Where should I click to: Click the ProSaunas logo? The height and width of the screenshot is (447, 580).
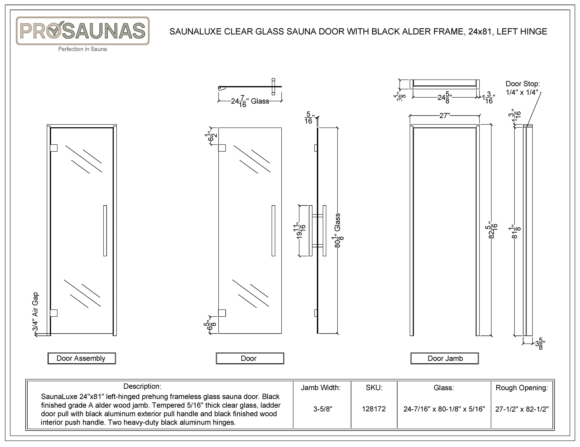83,31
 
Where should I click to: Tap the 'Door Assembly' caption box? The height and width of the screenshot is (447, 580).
82,358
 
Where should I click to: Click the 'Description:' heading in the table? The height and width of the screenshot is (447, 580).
142,386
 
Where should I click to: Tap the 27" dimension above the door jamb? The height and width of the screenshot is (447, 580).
444,116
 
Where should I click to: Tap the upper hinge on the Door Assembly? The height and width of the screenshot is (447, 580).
54,148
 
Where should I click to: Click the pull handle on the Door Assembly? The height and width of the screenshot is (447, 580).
105,231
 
